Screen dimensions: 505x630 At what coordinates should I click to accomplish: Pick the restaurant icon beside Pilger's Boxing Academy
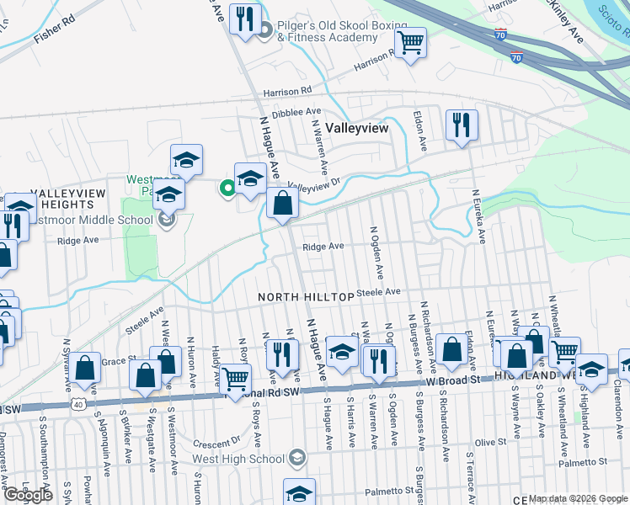(246, 19)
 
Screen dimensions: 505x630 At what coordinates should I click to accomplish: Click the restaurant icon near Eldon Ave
(461, 126)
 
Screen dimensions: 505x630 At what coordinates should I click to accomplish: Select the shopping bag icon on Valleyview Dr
(282, 204)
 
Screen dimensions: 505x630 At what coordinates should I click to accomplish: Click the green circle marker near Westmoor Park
(227, 189)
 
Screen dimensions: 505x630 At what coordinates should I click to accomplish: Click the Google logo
(28, 495)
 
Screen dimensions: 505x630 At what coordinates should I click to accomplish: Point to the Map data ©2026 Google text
(577, 498)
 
